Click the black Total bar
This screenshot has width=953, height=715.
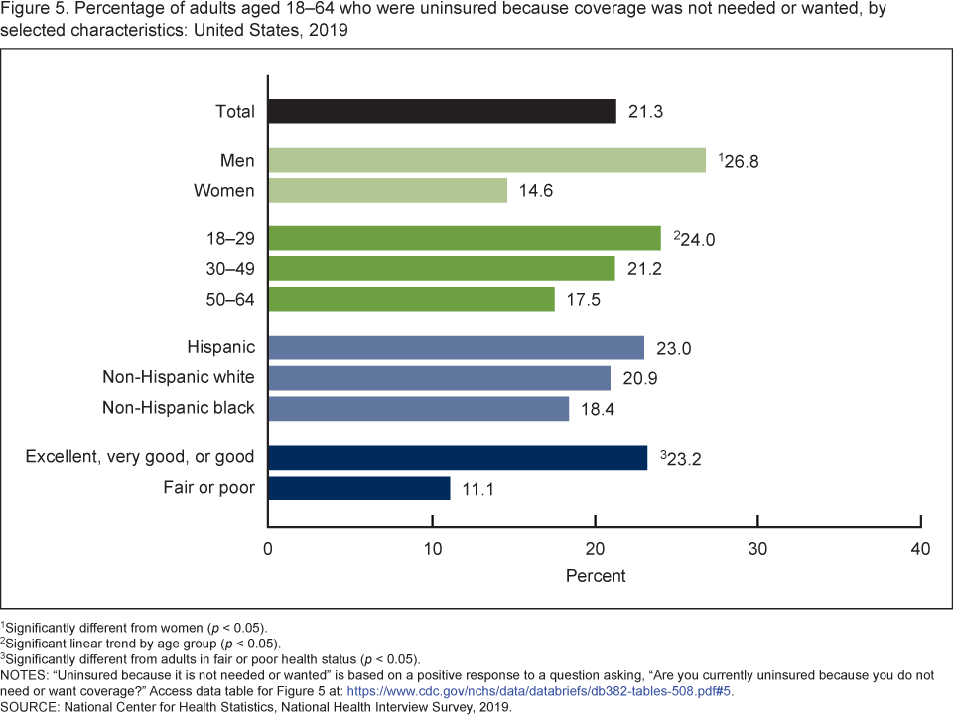[x=442, y=111]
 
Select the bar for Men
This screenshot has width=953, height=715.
[x=486, y=160]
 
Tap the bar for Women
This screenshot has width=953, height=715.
[x=387, y=190]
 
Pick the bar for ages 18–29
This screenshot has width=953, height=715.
[x=464, y=238]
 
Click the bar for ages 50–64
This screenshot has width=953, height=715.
[x=411, y=299]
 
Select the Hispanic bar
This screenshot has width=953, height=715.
[x=456, y=348]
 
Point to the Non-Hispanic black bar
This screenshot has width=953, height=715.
[x=418, y=408]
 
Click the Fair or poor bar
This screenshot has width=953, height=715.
[x=358, y=488]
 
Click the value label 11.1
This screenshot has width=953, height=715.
[x=477, y=488]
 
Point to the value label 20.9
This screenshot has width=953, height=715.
[x=638, y=378]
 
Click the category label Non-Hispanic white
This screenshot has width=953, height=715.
[x=179, y=377]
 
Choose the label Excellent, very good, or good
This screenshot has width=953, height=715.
[x=140, y=457]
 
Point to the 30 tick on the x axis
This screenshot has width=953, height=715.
[x=758, y=548]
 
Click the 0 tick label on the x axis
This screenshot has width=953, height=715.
[x=268, y=548]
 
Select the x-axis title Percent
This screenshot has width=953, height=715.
[x=596, y=576]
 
